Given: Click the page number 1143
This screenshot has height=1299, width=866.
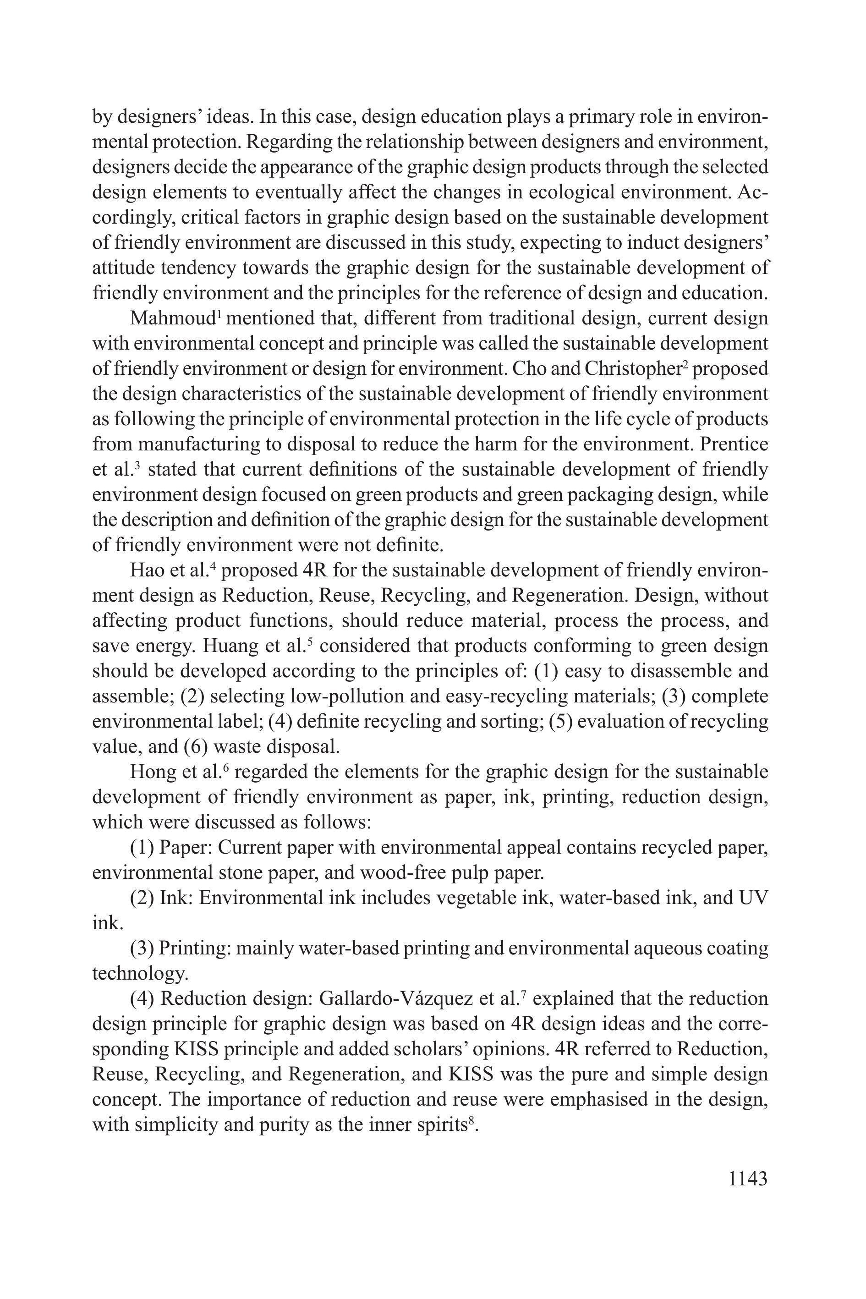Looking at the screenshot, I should point(748,1178).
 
